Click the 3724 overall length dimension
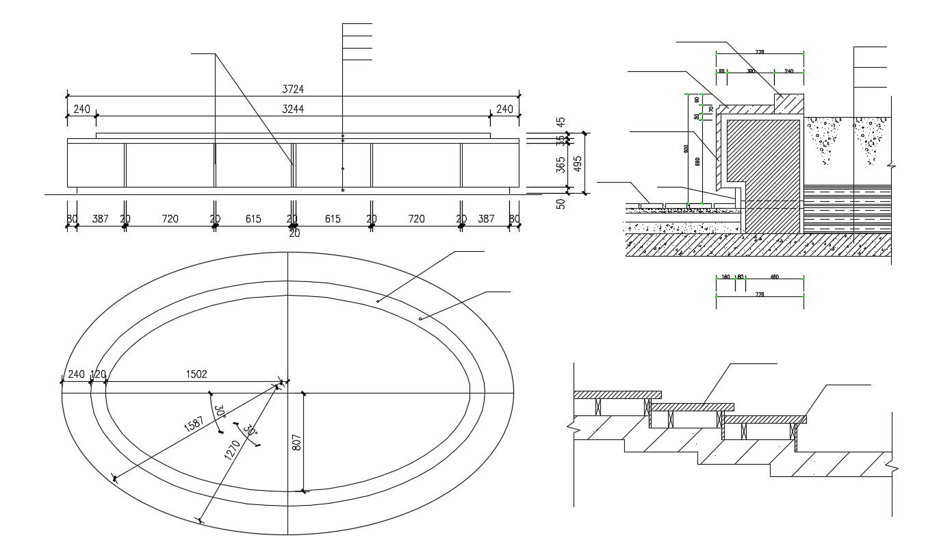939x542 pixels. coord(293,89)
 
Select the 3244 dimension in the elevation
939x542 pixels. coord(293,109)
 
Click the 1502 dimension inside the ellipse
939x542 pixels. coord(196,374)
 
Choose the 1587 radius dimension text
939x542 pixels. coord(194,424)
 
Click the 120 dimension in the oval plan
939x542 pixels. coord(99,374)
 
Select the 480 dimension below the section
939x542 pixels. coord(774,277)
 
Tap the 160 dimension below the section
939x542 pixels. coord(725,277)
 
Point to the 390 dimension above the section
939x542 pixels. coord(750,71)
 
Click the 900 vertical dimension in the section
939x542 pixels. coord(686,149)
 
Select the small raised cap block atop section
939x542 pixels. coord(788,103)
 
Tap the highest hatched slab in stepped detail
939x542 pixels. coord(617,395)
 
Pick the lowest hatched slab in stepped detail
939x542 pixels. coord(765,419)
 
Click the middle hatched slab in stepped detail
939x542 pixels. coord(691,407)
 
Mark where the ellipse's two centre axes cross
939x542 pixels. coord(288,393)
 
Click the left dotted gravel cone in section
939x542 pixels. coord(823,140)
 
